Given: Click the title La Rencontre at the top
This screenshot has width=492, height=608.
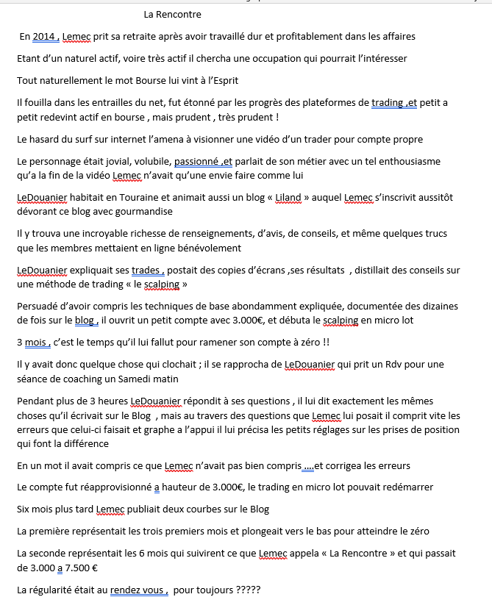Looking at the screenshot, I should pyautogui.click(x=172, y=14).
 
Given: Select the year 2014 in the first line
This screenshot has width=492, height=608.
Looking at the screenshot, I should pyautogui.click(x=45, y=36).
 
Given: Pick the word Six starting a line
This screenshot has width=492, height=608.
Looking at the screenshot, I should pyautogui.click(x=24, y=509).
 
